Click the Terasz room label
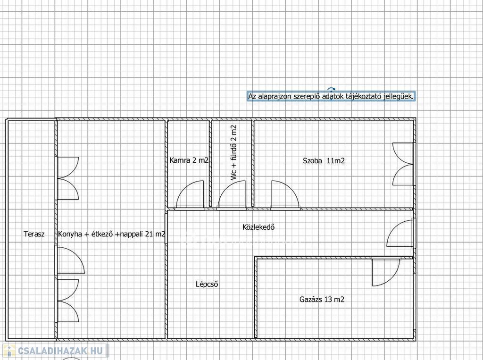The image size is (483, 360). tap(34, 234)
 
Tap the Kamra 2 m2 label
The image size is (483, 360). tap(189, 160)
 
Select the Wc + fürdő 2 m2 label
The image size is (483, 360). tap(234, 152)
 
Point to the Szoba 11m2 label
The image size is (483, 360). tap(324, 160)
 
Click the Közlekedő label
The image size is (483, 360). tap(258, 227)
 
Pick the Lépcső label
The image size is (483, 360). tap(207, 284)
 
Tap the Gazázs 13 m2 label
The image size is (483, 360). tap(322, 299)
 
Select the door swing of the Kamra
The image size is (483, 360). tap(190, 195)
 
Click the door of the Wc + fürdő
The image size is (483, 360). tap(232, 195)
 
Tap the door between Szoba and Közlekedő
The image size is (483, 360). tap(285, 195)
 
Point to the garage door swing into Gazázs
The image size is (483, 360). tap(386, 272)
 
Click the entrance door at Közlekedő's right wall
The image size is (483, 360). tap(400, 233)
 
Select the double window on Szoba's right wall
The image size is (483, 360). tap(403, 164)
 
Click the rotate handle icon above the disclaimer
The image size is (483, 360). tap(331, 89)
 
